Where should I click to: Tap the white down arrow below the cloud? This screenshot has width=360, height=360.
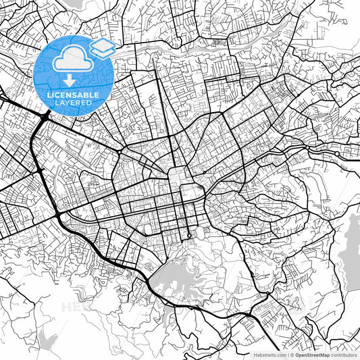click(x=75, y=82)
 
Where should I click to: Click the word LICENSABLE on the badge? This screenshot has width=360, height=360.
click(x=75, y=95)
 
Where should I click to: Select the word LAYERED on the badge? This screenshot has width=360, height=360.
click(x=75, y=103)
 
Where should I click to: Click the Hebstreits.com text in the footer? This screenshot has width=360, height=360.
click(x=269, y=354)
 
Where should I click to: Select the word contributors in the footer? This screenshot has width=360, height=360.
click(x=344, y=354)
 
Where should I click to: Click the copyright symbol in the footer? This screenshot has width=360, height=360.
click(x=291, y=354)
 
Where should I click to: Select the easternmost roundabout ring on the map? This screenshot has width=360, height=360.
click(x=336, y=154)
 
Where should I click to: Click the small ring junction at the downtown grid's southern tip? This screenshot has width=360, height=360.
click(x=190, y=236)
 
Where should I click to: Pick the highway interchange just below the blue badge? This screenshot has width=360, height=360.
click(x=45, y=119)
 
